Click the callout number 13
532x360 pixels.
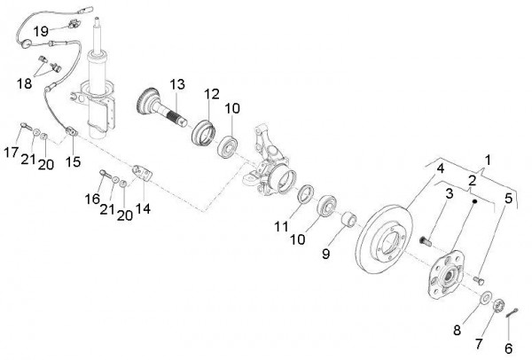click(x=177, y=84)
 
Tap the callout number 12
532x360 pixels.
click(x=210, y=95)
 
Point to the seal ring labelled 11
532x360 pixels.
click(x=302, y=194)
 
